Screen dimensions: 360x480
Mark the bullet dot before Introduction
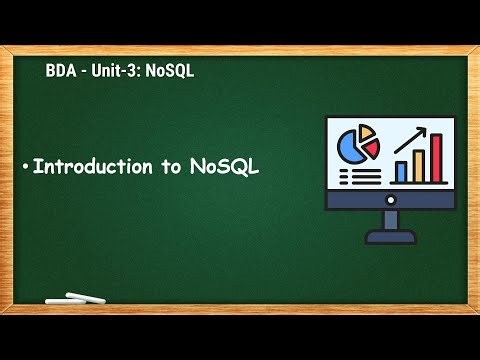point(26,168)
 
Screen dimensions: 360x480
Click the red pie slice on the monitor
point(372,146)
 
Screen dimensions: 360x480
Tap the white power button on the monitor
point(390,200)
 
